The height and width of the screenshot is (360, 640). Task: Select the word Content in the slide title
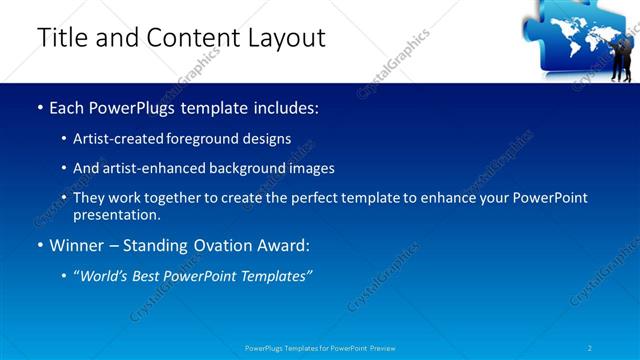[x=190, y=38]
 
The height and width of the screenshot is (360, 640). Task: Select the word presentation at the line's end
[x=116, y=214]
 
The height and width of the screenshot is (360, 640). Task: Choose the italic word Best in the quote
[x=155, y=276]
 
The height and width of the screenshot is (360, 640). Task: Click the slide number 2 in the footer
[x=590, y=348]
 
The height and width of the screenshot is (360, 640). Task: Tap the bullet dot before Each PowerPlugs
[x=39, y=107]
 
